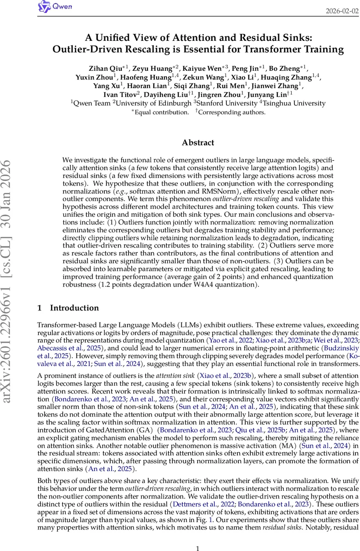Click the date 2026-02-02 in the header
point(343,11)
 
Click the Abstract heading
point(198,143)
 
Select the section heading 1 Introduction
point(68,308)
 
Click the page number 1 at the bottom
point(198,535)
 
